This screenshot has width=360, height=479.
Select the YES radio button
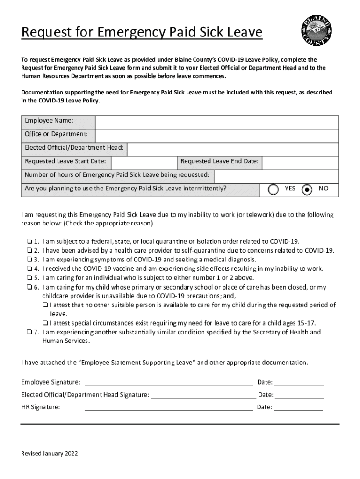[273, 189]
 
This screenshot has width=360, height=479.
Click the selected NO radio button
[307, 189]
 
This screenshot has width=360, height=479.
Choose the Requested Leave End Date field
[300, 162]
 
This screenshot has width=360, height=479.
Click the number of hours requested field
[276, 176]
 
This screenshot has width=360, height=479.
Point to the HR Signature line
[168, 408]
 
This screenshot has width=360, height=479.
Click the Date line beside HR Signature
[298, 408]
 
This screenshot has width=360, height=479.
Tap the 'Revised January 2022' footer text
[50, 454]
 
